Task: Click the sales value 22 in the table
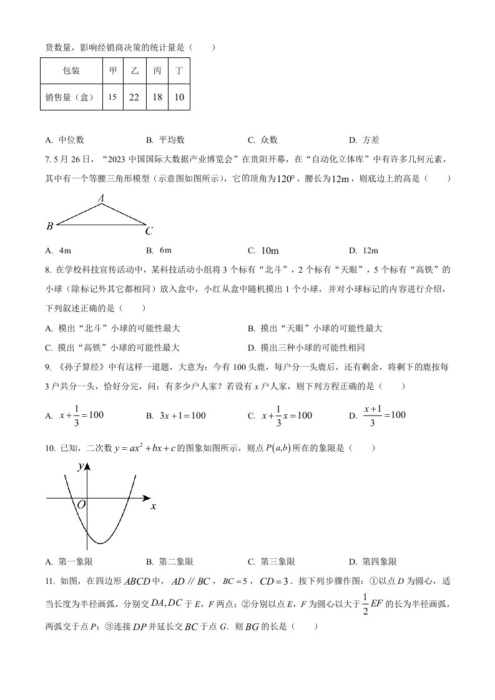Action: [x=134, y=97]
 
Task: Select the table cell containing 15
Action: [x=112, y=97]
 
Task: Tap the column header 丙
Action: [x=157, y=71]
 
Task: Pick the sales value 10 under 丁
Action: [x=179, y=97]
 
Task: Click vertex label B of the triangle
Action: [x=49, y=226]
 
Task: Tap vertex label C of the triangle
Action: [x=149, y=231]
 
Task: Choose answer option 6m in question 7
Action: [x=165, y=250]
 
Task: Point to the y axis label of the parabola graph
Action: [x=81, y=466]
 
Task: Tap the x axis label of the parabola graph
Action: [x=153, y=506]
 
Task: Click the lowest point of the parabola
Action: [x=100, y=543]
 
